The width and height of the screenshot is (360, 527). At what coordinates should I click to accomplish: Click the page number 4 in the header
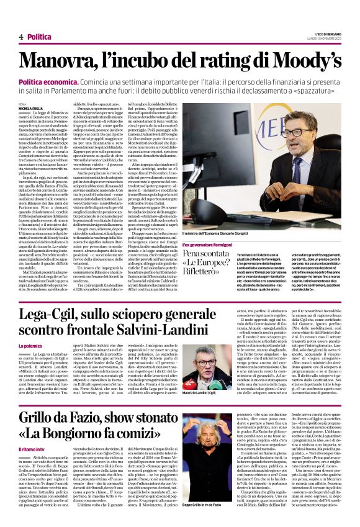pos(21,37)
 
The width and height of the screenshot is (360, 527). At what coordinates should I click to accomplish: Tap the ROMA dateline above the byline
pos(22,103)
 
